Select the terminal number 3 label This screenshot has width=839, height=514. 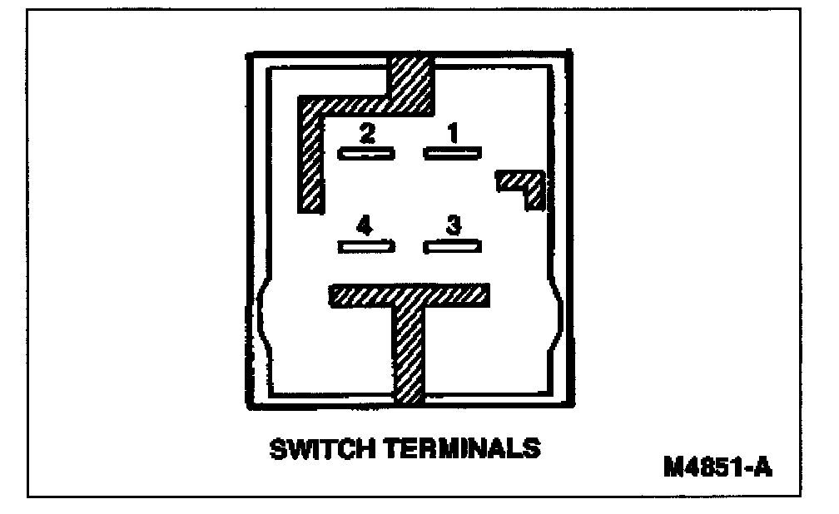point(454,225)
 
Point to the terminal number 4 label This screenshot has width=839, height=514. point(364,225)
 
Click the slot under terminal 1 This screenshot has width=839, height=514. point(453,152)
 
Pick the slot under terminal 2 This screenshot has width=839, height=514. point(366,152)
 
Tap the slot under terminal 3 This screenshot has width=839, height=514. point(453,246)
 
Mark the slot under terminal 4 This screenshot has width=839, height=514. point(366,246)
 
